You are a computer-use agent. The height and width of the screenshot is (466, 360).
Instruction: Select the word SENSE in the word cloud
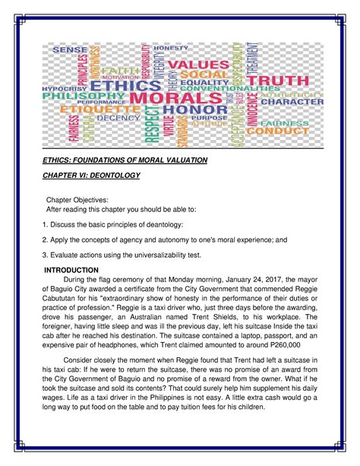tap(70, 49)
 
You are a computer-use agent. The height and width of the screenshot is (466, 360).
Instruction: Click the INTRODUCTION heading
tap(71, 270)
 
